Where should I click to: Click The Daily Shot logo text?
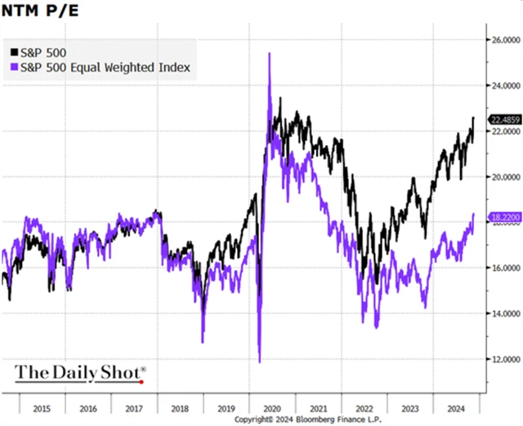point(79,374)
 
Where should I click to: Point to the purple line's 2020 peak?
point(270,54)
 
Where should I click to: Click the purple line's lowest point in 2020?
point(259,361)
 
